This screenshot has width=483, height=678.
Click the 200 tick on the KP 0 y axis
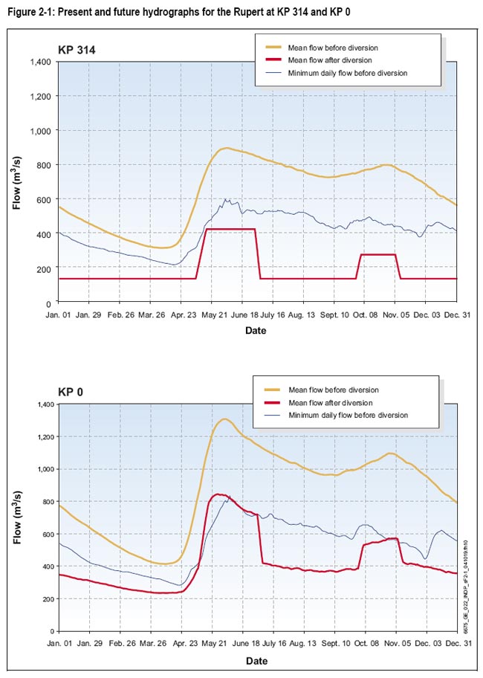(x=45, y=599)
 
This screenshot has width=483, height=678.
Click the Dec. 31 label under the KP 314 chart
(x=456, y=315)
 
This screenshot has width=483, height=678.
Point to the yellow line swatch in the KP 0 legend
(x=269, y=390)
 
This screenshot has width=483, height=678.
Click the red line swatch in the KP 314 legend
(x=269, y=59)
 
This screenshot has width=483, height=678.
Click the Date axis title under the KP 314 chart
(x=256, y=331)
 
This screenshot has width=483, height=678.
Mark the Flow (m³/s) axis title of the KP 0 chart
(x=18, y=517)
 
